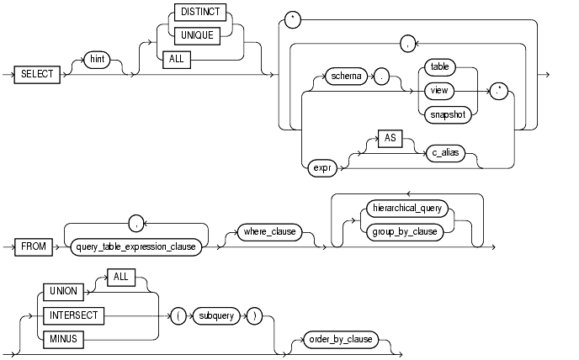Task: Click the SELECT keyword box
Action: tap(38, 74)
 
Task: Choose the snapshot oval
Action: tap(446, 117)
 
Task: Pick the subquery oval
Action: tap(211, 316)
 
